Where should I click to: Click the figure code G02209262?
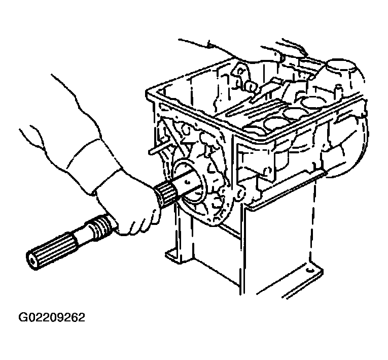[52, 317]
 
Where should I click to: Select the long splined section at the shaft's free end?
[50, 251]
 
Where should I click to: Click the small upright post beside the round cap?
[338, 91]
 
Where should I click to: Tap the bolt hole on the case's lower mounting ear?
[239, 195]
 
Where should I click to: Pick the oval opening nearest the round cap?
[312, 101]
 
